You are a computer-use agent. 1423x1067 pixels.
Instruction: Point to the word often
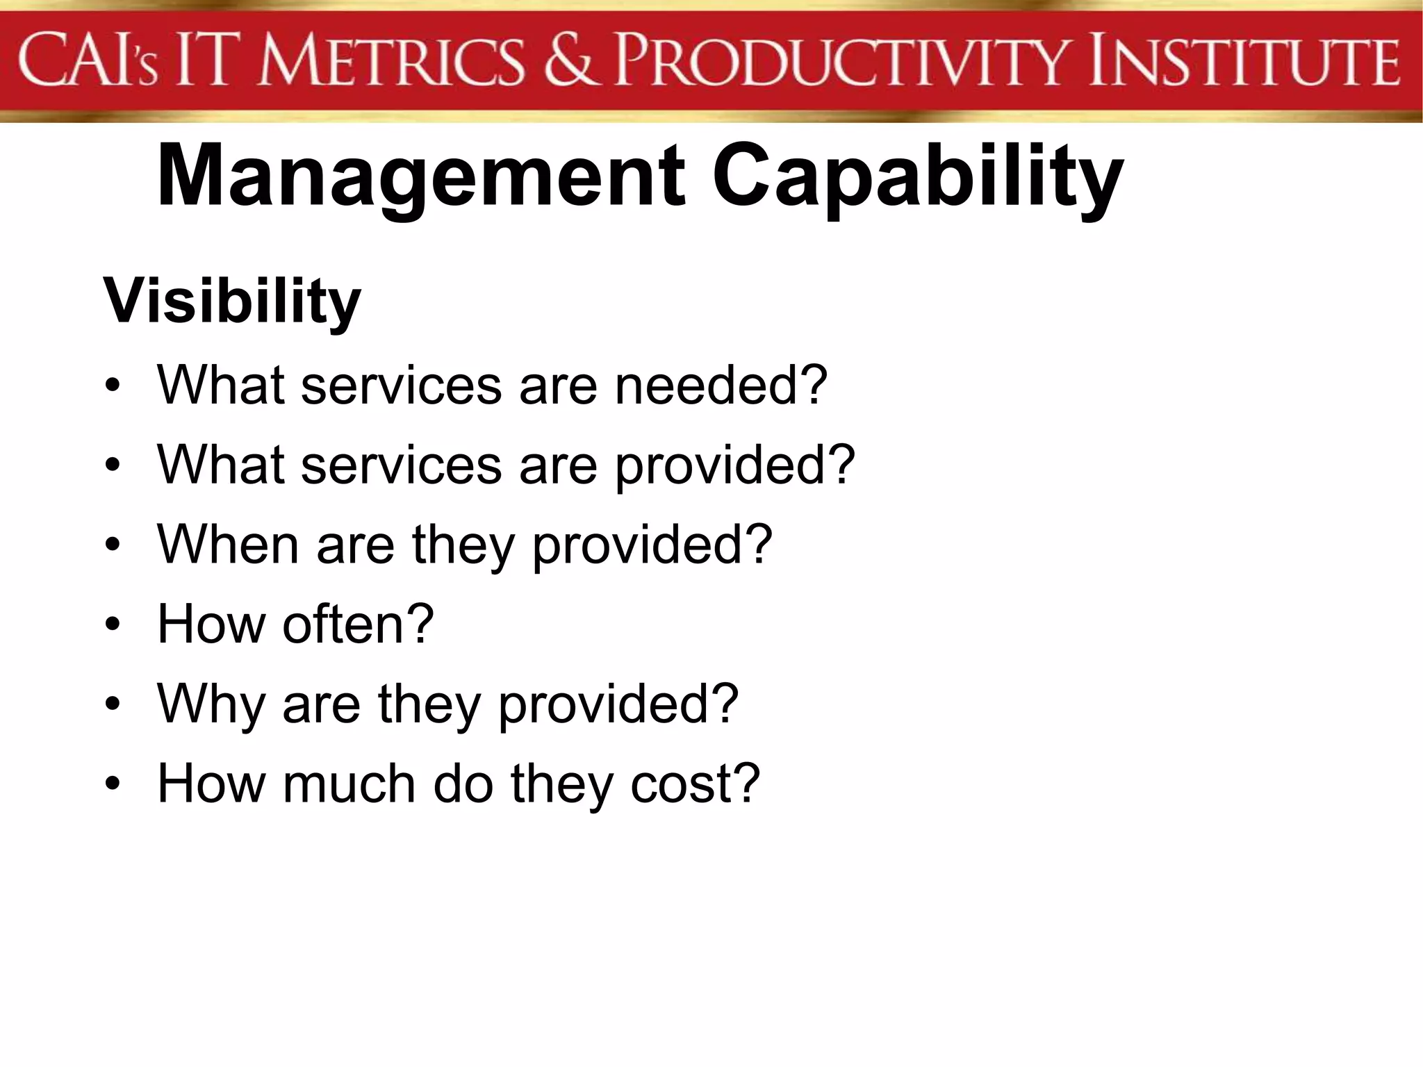[x=340, y=624]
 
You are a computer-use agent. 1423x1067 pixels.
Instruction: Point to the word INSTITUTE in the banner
[x=1244, y=63]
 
